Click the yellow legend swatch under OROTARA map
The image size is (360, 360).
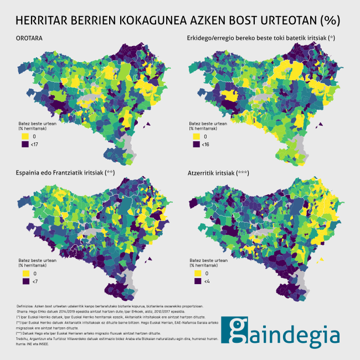click(25, 136)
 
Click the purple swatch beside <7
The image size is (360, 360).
click(25, 282)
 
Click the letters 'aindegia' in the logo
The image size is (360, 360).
click(293, 335)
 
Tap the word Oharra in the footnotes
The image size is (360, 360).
click(23, 312)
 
